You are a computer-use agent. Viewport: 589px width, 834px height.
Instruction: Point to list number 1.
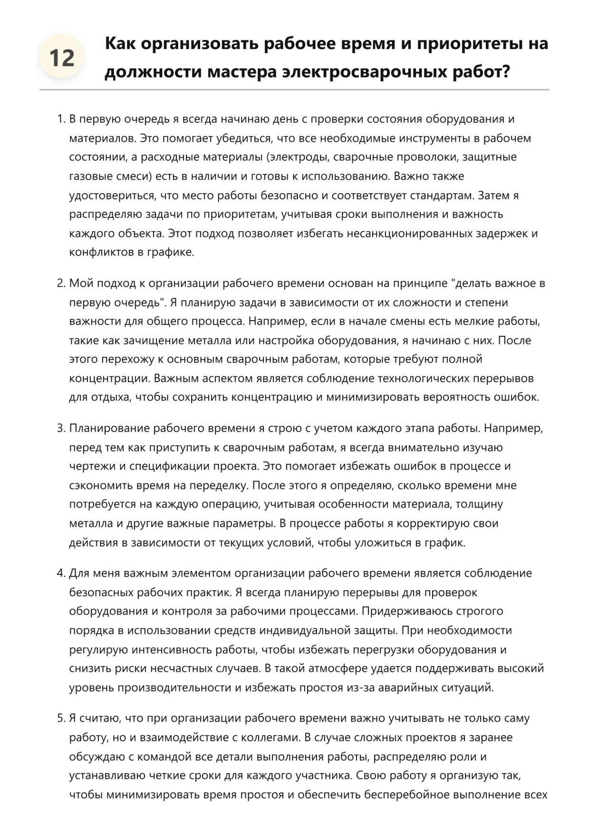[61, 119]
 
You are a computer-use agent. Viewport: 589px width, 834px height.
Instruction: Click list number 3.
[61, 428]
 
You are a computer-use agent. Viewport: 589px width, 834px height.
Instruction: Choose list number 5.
[61, 718]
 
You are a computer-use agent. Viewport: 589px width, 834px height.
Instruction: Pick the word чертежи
[92, 466]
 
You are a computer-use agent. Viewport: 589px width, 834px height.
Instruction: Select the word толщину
[481, 504]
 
